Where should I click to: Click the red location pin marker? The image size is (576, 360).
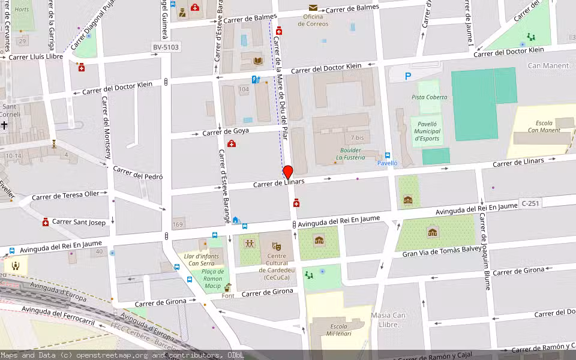pyautogui.click(x=287, y=172)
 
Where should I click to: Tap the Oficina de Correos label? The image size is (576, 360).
pyautogui.click(x=313, y=20)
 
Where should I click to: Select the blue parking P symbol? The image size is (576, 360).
pyautogui.click(x=408, y=76)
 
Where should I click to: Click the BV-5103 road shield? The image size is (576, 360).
pyautogui.click(x=165, y=47)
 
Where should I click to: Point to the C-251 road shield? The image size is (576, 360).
pyautogui.click(x=530, y=203)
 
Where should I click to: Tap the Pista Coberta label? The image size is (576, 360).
pyautogui.click(x=429, y=97)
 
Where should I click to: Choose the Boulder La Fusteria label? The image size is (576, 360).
pyautogui.click(x=350, y=154)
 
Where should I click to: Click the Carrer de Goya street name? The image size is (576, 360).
pyautogui.click(x=225, y=131)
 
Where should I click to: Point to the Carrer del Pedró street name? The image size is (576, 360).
pyautogui.click(x=138, y=173)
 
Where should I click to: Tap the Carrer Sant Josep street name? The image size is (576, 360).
pyautogui.click(x=79, y=222)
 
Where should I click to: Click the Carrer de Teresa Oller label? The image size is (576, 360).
pyautogui.click(x=65, y=195)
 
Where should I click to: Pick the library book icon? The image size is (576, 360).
pyautogui.click(x=258, y=61)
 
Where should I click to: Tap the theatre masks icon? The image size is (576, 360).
pyautogui.click(x=276, y=246)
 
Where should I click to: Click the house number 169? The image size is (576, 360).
pyautogui.click(x=178, y=225)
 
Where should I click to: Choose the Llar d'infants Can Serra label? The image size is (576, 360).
pyautogui.click(x=200, y=259)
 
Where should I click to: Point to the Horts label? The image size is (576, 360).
pyautogui.click(x=21, y=10)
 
